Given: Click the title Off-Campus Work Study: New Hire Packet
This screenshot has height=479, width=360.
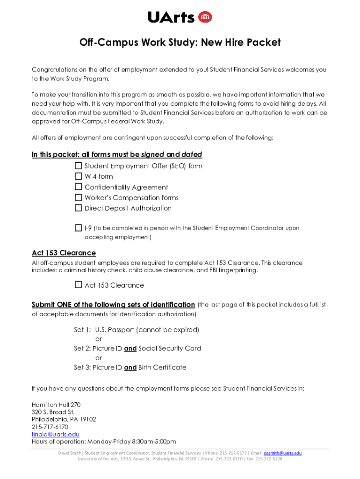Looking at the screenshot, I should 180,43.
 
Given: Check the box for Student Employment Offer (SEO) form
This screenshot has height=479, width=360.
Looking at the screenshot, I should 78,166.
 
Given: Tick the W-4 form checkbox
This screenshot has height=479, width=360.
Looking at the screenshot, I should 78,176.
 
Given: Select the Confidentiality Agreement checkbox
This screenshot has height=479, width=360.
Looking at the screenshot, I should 78,187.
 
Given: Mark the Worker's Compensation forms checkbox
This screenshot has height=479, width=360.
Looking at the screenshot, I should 78,197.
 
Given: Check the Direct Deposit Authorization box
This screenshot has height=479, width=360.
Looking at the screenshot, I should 78,208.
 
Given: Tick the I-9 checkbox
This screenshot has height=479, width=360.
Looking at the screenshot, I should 78,228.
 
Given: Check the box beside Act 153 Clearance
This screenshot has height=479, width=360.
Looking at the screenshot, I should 78,285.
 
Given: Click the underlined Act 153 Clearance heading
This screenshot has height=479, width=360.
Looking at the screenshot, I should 64,253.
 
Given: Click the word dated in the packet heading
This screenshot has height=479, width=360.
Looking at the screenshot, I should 192,154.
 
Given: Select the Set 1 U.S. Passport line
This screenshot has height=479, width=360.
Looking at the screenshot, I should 137,330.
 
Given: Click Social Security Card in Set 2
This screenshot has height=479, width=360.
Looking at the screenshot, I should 170,348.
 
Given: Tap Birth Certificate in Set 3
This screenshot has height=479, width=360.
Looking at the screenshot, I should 162,368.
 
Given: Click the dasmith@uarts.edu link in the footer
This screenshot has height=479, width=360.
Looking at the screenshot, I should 282,453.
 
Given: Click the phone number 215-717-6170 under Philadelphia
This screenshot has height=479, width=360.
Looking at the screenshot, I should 50,427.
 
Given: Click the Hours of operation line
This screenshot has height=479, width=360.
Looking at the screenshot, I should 103,442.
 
